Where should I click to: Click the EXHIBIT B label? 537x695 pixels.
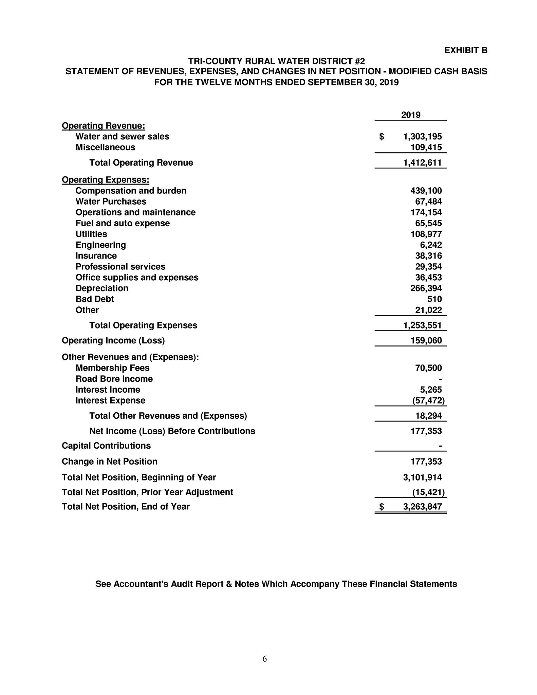point(465,51)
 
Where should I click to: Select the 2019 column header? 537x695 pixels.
point(410,115)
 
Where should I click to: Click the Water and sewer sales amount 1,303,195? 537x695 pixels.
point(422,137)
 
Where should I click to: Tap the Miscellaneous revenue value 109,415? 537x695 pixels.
point(426,148)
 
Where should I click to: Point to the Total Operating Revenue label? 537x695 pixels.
point(141,163)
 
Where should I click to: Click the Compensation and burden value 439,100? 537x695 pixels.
point(426,191)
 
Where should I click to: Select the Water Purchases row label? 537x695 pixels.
point(111,202)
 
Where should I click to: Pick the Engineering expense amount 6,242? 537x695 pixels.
point(431,245)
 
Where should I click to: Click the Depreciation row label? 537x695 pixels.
point(102,288)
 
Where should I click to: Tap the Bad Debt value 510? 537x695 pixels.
point(434,299)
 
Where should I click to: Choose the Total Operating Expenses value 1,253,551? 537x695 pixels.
point(422,326)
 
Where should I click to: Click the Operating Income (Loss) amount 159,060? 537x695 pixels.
point(426,341)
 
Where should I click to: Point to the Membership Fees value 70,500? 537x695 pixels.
point(428,368)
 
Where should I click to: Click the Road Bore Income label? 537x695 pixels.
point(114,379)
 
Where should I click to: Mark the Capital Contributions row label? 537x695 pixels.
point(106,446)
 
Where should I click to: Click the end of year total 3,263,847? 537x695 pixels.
point(422,507)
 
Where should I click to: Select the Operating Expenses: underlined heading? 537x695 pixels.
point(105,180)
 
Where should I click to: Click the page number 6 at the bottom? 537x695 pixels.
point(265,659)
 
